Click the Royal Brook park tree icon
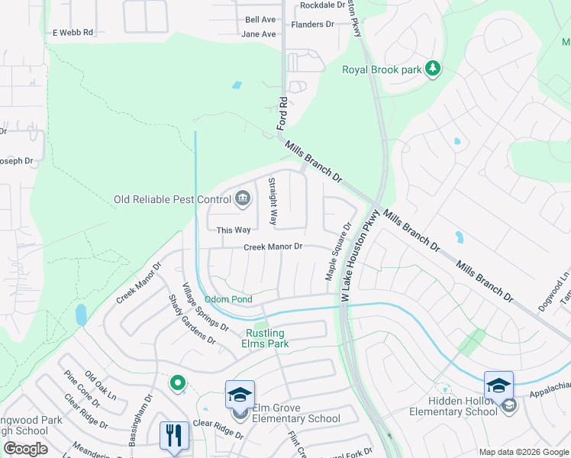(x=433, y=69)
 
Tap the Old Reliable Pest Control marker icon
(x=243, y=199)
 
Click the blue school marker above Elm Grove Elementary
(x=240, y=395)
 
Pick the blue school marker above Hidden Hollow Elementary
(x=498, y=385)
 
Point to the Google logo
(x=25, y=449)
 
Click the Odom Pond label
(x=227, y=299)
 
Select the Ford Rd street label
(x=282, y=112)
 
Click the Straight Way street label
(x=273, y=202)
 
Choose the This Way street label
(x=233, y=230)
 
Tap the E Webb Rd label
(x=72, y=33)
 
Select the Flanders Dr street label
(x=313, y=24)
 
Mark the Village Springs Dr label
(x=205, y=307)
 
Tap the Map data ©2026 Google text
(x=524, y=452)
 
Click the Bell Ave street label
(x=260, y=20)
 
